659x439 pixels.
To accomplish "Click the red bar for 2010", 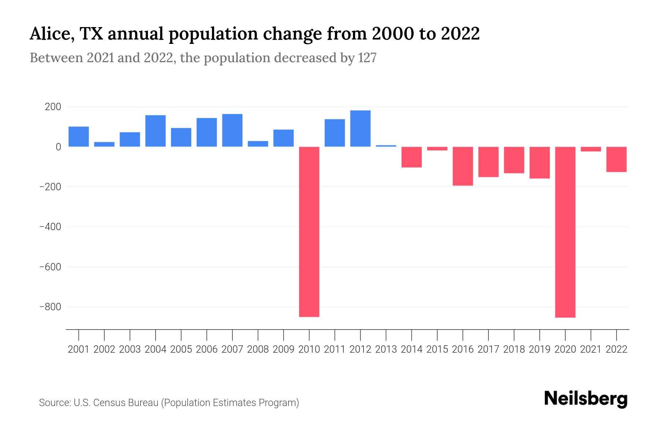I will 309,231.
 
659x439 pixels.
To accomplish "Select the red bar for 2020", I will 565,232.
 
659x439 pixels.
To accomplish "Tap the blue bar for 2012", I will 360,128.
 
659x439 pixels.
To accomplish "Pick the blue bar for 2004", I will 156,131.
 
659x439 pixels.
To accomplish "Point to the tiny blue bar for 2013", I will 386,146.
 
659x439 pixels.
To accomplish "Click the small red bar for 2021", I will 591,149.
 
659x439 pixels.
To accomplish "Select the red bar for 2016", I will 463,166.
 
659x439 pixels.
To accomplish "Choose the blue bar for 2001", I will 79,136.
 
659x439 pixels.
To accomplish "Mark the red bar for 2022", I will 617,159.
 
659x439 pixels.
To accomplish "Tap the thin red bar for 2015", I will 437,149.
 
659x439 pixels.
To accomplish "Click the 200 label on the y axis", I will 53,107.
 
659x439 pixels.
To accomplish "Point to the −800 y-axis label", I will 50,307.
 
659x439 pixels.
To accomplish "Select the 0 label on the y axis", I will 58,147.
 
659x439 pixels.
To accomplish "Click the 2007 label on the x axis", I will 232,349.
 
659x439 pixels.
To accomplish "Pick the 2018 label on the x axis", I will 514,349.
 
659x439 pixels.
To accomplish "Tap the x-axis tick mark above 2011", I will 335,335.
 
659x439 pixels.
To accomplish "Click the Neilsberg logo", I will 586,399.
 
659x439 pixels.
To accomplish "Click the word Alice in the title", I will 50,34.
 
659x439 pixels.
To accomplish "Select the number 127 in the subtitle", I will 367,58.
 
